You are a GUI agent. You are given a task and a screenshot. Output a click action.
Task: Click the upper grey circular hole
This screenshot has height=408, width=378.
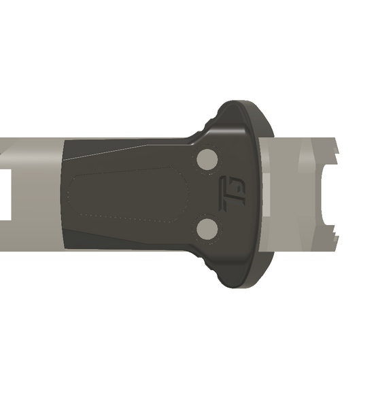(x=206, y=160)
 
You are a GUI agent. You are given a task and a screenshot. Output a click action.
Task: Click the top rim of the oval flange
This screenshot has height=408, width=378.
(x=241, y=105)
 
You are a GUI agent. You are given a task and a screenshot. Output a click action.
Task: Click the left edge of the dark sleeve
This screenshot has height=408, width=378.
(x=64, y=194)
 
